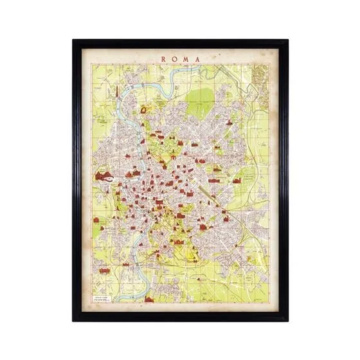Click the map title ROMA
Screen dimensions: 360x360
[x=181, y=59]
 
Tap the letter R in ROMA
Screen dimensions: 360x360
[x=164, y=59]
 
